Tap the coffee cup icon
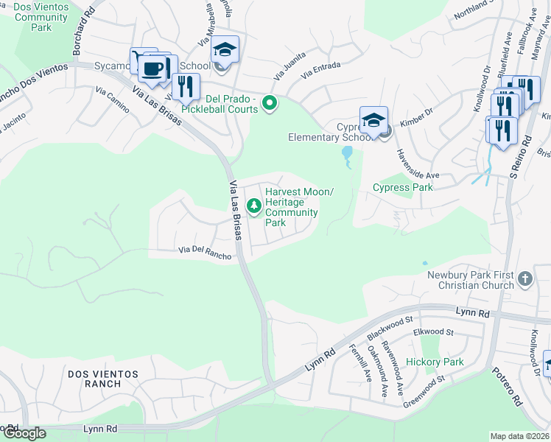click(x=153, y=69)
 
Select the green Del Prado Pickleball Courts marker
click(x=270, y=104)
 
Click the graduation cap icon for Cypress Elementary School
click(x=373, y=119)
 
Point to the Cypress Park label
click(x=402, y=187)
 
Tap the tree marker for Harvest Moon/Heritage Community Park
click(x=255, y=206)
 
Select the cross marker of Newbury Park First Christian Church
click(x=524, y=278)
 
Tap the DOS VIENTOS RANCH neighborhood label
click(x=105, y=379)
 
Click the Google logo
click(x=24, y=433)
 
